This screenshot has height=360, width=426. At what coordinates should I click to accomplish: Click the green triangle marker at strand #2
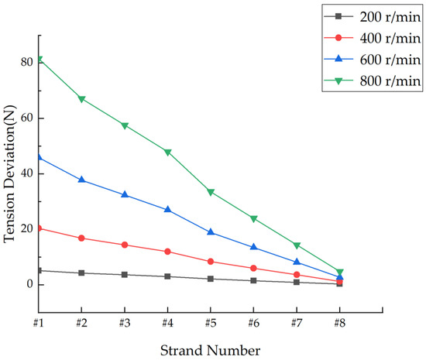coord(81,99)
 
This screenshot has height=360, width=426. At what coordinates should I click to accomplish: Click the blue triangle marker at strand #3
coord(124,194)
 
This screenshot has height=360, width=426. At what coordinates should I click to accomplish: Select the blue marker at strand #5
coord(211,232)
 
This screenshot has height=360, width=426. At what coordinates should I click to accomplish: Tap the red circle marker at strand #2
coord(81,238)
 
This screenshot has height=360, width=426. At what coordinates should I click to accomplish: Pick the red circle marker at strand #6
coord(253,268)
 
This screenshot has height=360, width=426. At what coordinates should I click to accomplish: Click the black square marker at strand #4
coord(167,276)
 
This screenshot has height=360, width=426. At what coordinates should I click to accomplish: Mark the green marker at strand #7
coord(297,245)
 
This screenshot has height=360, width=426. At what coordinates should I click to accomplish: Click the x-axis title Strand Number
coord(211,350)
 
